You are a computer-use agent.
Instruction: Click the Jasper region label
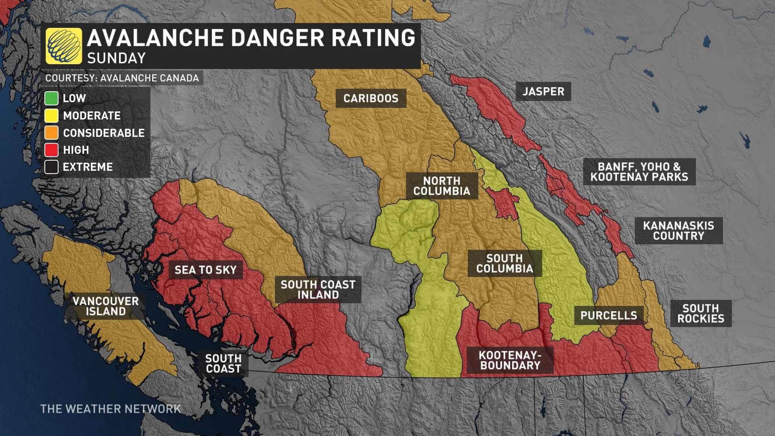(x=543, y=92)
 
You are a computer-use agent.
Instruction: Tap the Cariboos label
(x=371, y=99)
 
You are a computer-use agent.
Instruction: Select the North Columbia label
(x=442, y=186)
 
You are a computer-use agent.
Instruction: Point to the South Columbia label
(x=505, y=264)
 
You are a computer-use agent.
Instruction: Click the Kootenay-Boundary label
(x=510, y=361)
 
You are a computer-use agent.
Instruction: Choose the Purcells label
(x=609, y=316)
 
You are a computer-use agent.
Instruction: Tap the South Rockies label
(x=701, y=314)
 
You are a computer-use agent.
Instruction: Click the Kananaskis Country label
(x=679, y=231)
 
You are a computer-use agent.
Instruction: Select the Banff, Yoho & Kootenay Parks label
(x=639, y=172)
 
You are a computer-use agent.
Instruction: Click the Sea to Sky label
(x=205, y=270)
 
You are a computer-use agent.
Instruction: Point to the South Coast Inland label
(x=318, y=290)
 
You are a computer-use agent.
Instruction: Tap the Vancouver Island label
(x=106, y=306)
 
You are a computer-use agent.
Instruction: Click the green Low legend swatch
(x=52, y=99)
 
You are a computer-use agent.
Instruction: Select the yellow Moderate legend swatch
(x=52, y=116)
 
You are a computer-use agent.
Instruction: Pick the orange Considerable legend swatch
(x=52, y=133)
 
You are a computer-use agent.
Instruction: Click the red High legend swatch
(x=52, y=150)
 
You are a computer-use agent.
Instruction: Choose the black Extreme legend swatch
(x=52, y=167)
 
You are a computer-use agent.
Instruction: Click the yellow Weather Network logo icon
(x=64, y=46)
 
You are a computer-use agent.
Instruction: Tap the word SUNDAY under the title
(x=116, y=59)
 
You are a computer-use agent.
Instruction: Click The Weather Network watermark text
(x=111, y=409)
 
